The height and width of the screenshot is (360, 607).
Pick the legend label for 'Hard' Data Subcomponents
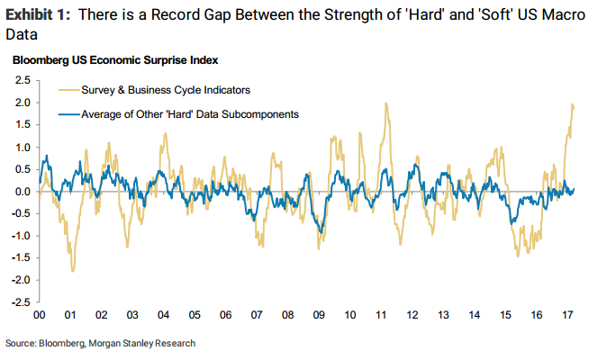pyautogui.click(x=190, y=114)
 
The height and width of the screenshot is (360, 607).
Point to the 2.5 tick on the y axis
pyautogui.click(x=21, y=80)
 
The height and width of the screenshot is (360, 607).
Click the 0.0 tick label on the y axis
pyautogui.click(x=21, y=192)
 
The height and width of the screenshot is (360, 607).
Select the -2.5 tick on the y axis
pyautogui.click(x=19, y=302)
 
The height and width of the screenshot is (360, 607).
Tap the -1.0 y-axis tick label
pyautogui.click(x=19, y=236)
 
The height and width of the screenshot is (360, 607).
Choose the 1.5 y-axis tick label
pyautogui.click(x=21, y=124)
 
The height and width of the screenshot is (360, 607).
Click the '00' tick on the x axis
pyautogui.click(x=40, y=317)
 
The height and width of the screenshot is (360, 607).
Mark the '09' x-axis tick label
pyautogui.click(x=318, y=317)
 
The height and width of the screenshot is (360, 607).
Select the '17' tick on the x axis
pyautogui.click(x=565, y=317)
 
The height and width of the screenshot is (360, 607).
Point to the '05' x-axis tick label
pyautogui.click(x=195, y=317)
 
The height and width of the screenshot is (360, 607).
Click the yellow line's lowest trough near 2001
pyautogui.click(x=72, y=271)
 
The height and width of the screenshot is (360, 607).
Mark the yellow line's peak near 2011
pyautogui.click(x=386, y=103)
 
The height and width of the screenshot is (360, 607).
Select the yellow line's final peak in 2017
pyautogui.click(x=573, y=105)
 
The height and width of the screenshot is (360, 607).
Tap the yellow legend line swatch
pyautogui.click(x=67, y=90)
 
